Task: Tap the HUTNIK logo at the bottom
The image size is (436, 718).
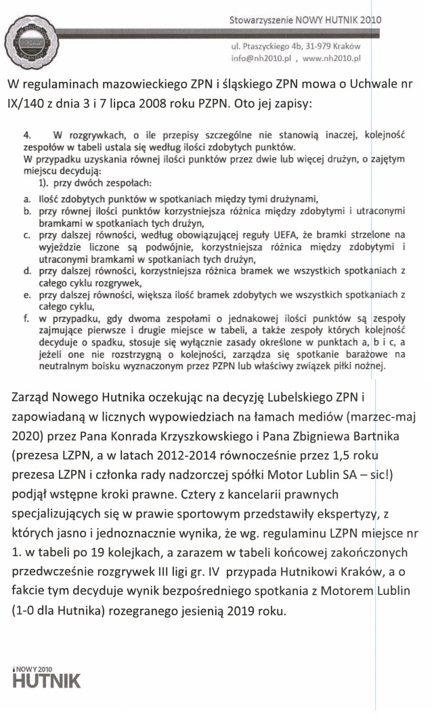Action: point(46,678)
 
